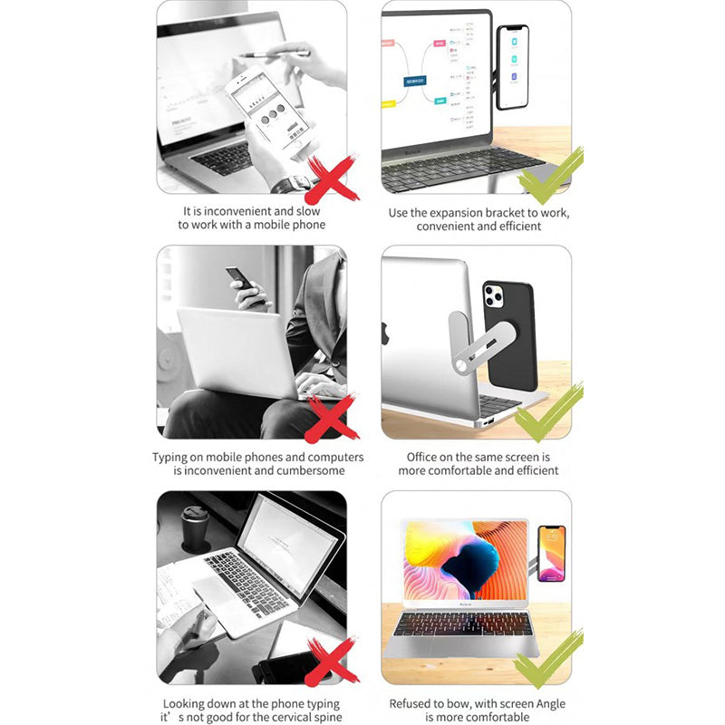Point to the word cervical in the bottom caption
point(280,718)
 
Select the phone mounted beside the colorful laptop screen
point(551,553)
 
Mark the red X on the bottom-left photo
point(330,662)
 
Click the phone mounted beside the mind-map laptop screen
point(512,66)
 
